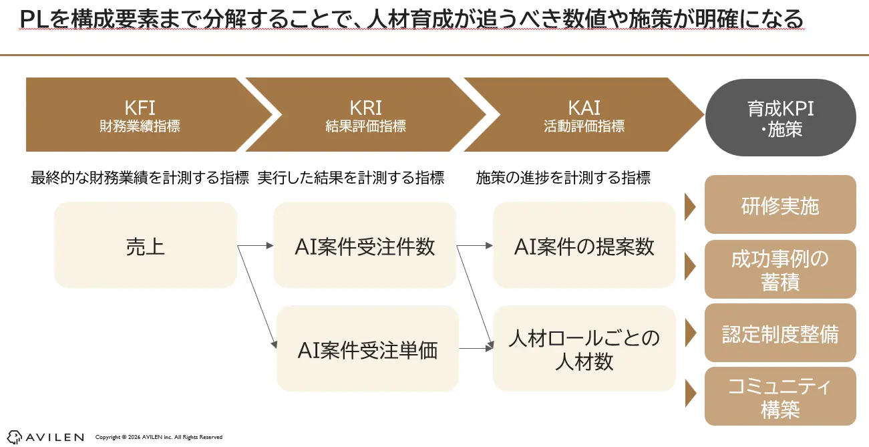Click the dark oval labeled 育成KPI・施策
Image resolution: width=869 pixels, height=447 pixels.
[780, 118]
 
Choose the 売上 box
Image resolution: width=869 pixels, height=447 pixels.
[145, 246]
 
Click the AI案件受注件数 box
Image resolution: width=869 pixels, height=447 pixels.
[365, 246]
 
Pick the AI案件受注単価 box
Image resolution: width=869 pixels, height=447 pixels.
[367, 349]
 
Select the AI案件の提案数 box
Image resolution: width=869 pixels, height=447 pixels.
[584, 246]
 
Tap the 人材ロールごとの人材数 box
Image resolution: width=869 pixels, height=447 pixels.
[584, 349]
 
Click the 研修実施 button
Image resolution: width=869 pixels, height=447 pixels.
[780, 205]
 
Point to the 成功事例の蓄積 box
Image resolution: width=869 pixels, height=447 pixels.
[780, 269]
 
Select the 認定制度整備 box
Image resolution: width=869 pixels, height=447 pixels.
[780, 333]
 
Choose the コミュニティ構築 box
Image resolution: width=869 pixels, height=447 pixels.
[780, 396]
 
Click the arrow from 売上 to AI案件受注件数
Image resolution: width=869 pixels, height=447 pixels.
[255, 246]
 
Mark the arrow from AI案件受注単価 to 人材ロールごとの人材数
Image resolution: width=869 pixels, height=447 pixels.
[476, 348]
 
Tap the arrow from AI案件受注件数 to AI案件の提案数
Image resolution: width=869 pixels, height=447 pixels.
[474, 246]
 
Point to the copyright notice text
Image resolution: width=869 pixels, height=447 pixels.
[159, 437]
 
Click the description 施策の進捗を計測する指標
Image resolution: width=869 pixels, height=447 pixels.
[563, 178]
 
